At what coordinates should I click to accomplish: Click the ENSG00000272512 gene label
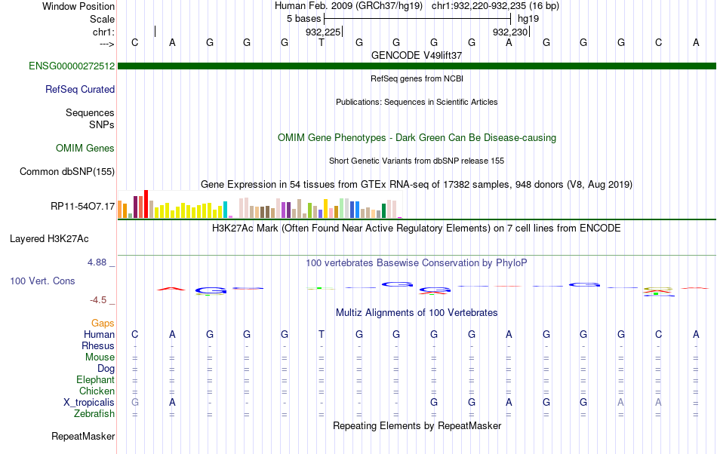pos(72,66)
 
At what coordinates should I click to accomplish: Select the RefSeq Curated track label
pos(80,90)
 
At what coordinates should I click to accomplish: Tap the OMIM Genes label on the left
pos(85,149)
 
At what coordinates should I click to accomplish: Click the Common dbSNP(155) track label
pos(67,172)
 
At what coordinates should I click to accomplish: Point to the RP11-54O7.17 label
pos(83,207)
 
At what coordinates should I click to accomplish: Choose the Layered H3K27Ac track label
pos(49,239)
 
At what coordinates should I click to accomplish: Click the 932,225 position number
pos(323,32)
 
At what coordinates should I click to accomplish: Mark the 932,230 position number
pos(510,32)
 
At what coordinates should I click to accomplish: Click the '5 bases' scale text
pos(304,19)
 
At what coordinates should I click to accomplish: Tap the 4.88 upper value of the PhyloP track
pos(97,262)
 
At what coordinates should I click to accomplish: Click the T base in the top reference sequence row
pos(322,42)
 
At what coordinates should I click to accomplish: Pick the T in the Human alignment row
pos(322,334)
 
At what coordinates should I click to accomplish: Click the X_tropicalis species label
pos(89,403)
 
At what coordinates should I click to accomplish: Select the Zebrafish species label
pos(94,414)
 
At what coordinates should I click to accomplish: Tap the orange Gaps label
pos(103,324)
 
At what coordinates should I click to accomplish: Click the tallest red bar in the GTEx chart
pos(146,204)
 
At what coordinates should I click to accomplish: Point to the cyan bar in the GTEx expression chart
pos(225,210)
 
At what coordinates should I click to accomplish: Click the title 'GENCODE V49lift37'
pos(417,56)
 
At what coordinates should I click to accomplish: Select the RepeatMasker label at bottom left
pos(83,437)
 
